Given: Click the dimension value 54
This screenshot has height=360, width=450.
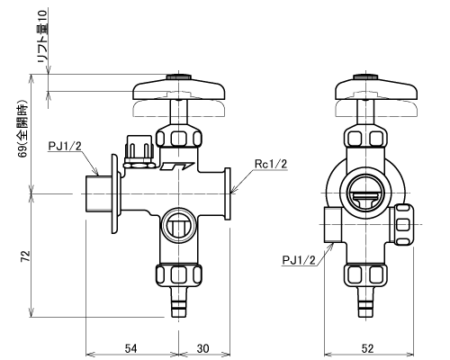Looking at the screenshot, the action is [130, 348].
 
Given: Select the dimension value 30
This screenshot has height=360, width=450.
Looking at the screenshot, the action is [203, 348].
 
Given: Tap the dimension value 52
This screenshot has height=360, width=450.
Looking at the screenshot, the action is [368, 348].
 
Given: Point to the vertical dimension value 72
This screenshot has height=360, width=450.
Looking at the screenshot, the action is [25, 256].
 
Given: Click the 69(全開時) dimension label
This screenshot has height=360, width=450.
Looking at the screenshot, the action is [22, 128].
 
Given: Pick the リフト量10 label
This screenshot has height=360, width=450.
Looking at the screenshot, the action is [43, 36].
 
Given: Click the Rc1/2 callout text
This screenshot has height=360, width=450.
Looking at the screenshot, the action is [271, 164].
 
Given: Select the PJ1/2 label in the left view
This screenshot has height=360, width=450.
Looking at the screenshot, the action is [65, 147].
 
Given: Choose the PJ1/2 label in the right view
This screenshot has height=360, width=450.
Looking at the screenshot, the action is [299, 260].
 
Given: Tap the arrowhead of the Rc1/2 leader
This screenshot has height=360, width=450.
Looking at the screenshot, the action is [233, 191].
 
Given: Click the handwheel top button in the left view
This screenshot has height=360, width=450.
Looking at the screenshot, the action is [179, 76].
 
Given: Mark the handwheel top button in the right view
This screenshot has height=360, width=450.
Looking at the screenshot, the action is [365, 76].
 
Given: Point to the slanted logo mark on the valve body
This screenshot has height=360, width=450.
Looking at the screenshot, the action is [176, 166].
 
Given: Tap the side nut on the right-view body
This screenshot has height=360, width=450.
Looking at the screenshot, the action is [403, 224].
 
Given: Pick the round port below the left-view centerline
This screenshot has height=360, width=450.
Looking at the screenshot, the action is [179, 224].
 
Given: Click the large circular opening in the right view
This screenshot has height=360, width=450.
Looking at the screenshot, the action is [365, 193].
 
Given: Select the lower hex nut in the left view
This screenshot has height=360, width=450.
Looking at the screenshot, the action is [179, 274].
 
